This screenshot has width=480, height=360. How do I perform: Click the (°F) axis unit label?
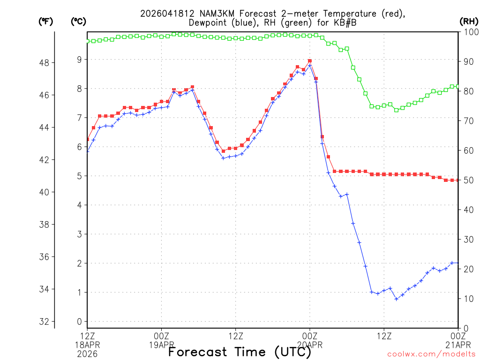(46, 21)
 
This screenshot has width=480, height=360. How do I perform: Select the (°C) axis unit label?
(78, 21)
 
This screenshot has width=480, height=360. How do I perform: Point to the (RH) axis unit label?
(469, 21)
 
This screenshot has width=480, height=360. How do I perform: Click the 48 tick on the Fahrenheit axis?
(46, 62)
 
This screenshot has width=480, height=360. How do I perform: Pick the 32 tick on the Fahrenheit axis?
(46, 322)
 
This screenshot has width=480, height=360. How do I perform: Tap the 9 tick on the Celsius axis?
(79, 59)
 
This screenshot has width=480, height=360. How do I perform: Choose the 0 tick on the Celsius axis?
(79, 322)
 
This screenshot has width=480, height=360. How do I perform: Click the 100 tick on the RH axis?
(470, 32)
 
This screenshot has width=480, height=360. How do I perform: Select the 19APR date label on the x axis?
(162, 345)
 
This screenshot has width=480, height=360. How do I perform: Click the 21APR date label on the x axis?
(458, 345)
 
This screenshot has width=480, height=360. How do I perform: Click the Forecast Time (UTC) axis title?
(240, 352)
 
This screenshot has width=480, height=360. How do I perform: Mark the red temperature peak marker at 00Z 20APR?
(310, 61)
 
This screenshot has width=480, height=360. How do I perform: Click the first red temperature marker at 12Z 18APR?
(87, 139)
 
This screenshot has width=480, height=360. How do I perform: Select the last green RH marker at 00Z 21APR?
(458, 86)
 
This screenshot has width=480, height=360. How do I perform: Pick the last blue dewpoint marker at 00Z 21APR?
(458, 263)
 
